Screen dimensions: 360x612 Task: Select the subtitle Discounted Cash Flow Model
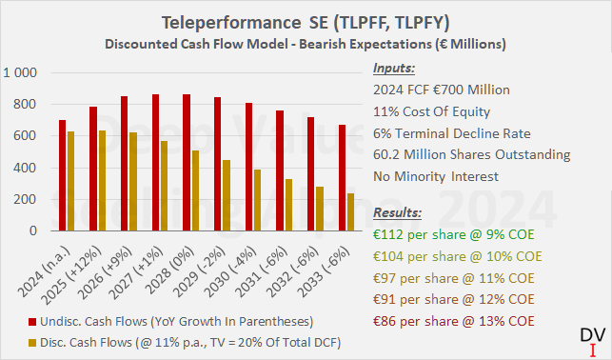coord(306,43)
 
